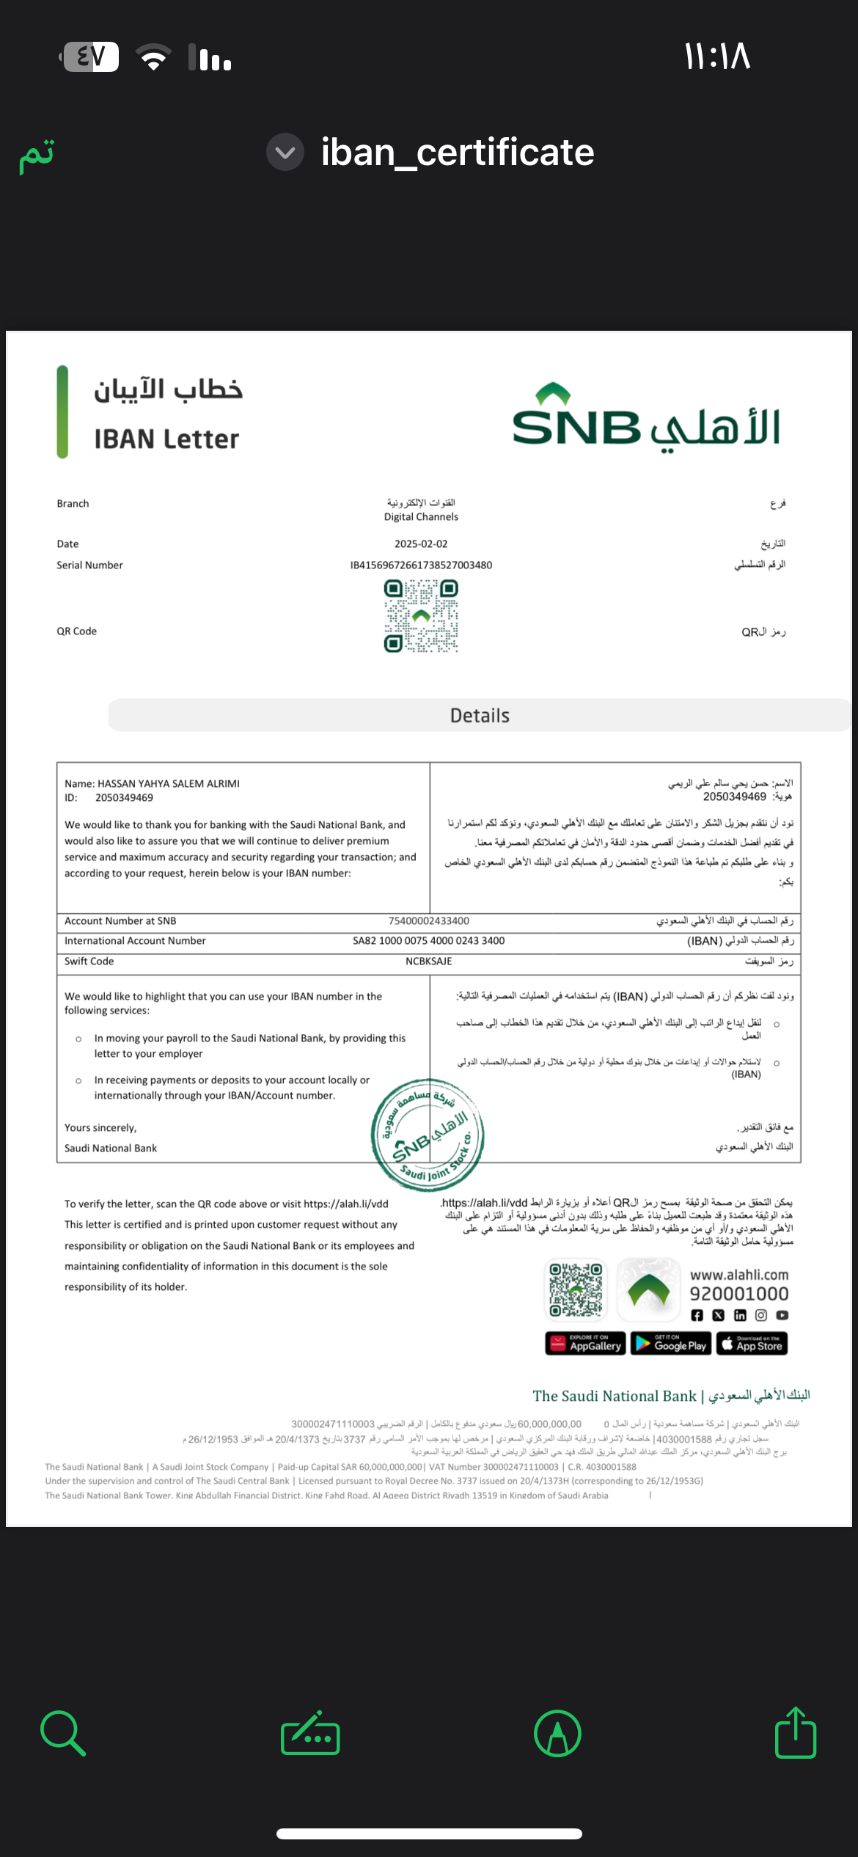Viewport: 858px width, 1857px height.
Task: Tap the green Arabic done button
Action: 37,155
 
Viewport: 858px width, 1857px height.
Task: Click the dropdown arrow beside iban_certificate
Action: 285,153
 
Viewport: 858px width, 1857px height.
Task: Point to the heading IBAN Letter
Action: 166,439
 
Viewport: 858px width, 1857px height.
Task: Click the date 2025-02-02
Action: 421,544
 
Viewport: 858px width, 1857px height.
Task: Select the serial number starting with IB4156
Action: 421,565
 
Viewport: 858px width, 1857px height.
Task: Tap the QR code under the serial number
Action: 421,616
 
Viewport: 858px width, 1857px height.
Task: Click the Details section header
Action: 480,716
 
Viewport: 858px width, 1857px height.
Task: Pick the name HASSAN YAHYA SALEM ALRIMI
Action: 169,784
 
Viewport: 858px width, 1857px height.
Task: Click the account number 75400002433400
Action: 429,921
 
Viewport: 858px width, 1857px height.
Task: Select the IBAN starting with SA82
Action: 429,941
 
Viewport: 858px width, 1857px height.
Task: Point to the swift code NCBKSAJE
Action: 429,962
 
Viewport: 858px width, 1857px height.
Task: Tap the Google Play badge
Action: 671,1344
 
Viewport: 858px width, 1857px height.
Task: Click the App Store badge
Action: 752,1344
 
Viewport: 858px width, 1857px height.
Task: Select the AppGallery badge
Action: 585,1344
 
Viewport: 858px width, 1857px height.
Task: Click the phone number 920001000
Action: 739,1294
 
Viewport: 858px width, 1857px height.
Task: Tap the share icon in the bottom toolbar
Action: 796,1734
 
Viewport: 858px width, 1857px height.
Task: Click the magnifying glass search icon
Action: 63,1734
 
